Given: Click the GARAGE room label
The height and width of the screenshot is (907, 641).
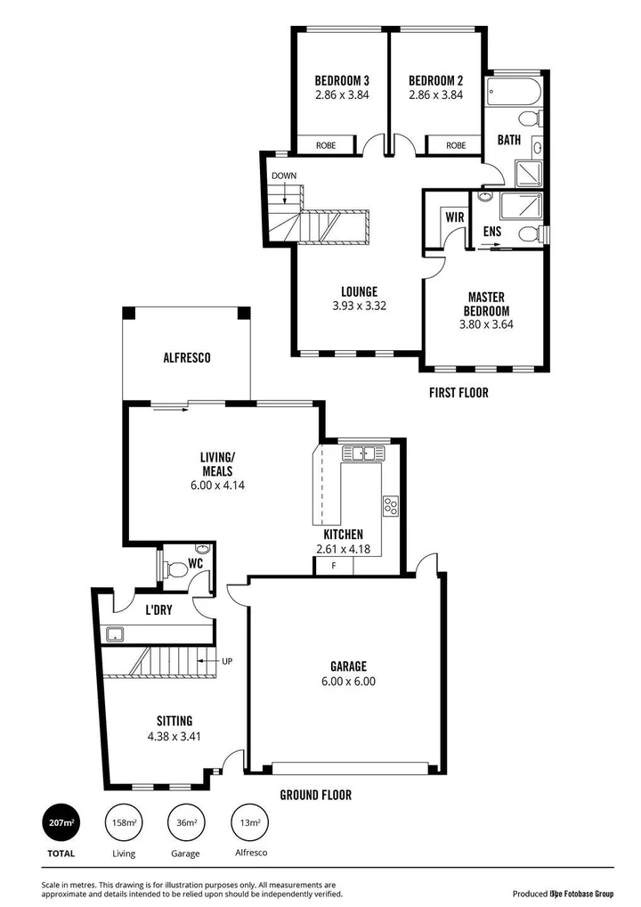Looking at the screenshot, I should pos(347,666).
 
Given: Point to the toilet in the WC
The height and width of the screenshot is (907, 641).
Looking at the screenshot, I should pos(175,568).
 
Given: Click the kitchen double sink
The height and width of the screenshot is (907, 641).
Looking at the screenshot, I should pos(361,453).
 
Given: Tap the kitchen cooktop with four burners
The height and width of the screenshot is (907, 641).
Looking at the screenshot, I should pos(390,506).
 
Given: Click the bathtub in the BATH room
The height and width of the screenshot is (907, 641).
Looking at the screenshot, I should pos(507,92).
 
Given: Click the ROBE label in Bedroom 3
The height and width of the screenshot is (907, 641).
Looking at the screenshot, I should pos(326,145).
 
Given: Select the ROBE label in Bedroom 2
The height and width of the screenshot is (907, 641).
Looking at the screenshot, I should pos(456,145).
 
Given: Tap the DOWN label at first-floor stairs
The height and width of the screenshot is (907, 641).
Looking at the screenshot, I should pos(284,176).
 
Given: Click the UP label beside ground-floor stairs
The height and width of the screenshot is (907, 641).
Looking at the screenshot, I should pos(227,661).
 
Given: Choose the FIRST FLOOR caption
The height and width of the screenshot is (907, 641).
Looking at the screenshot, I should pos(458,392).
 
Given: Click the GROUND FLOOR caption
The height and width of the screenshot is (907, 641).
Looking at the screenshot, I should pos(315,795).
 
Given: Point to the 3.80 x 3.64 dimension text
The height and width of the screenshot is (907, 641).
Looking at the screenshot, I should pos(486,324).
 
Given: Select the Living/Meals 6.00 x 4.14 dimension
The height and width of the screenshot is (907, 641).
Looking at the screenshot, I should pos(216,486).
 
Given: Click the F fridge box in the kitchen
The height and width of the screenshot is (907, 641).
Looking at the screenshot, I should pos(334,566).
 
